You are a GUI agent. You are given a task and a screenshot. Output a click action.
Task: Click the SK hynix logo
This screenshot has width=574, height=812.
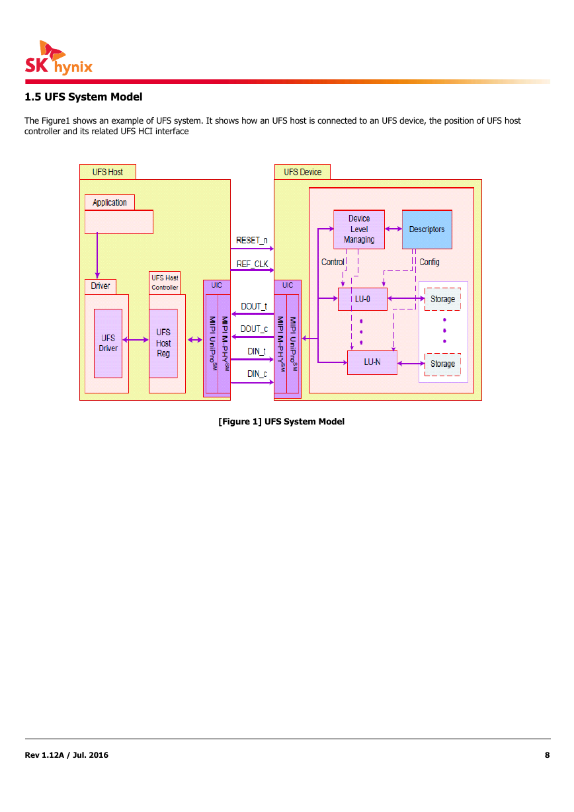pos(59,58)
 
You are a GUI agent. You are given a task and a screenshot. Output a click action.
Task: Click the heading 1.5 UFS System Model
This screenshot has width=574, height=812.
pos(83,97)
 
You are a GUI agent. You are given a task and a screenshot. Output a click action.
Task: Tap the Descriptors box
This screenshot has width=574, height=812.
pos(427,229)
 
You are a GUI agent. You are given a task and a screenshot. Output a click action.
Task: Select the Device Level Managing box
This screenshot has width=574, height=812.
pos(359,229)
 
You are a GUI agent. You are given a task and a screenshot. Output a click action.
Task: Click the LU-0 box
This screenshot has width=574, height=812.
pos(362,299)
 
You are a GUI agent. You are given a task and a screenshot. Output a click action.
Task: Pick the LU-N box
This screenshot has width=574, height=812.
pos(372,362)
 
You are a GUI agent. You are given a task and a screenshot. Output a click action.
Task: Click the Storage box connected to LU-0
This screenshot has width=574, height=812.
pos(442,299)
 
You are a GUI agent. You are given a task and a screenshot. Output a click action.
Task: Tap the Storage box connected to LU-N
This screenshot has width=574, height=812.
pos(442,364)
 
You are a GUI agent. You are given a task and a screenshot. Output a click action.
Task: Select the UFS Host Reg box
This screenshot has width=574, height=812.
pos(163,343)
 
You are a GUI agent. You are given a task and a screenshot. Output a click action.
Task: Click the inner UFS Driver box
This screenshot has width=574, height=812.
pos(108,343)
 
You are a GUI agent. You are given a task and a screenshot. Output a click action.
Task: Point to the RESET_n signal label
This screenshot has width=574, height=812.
pos(252,240)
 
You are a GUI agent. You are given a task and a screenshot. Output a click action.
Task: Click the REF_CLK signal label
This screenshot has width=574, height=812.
pos(253,264)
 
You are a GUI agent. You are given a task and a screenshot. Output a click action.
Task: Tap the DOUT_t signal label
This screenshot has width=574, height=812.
pos(254,306)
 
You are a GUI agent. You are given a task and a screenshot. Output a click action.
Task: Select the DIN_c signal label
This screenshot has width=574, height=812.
pos(257,374)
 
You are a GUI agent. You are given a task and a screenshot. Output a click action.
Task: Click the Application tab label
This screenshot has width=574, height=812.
pos(110,202)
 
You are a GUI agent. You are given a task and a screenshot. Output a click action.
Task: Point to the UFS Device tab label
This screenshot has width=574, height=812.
pos(302,172)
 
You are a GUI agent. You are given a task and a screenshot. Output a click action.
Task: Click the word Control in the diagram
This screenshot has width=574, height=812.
pos(333,262)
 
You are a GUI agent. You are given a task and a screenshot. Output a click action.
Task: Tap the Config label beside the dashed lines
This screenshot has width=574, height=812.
pos(429,262)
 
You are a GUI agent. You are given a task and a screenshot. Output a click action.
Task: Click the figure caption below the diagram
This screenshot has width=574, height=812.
pos(282,421)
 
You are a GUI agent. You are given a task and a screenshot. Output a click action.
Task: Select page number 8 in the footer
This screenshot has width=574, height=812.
pos(547,755)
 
